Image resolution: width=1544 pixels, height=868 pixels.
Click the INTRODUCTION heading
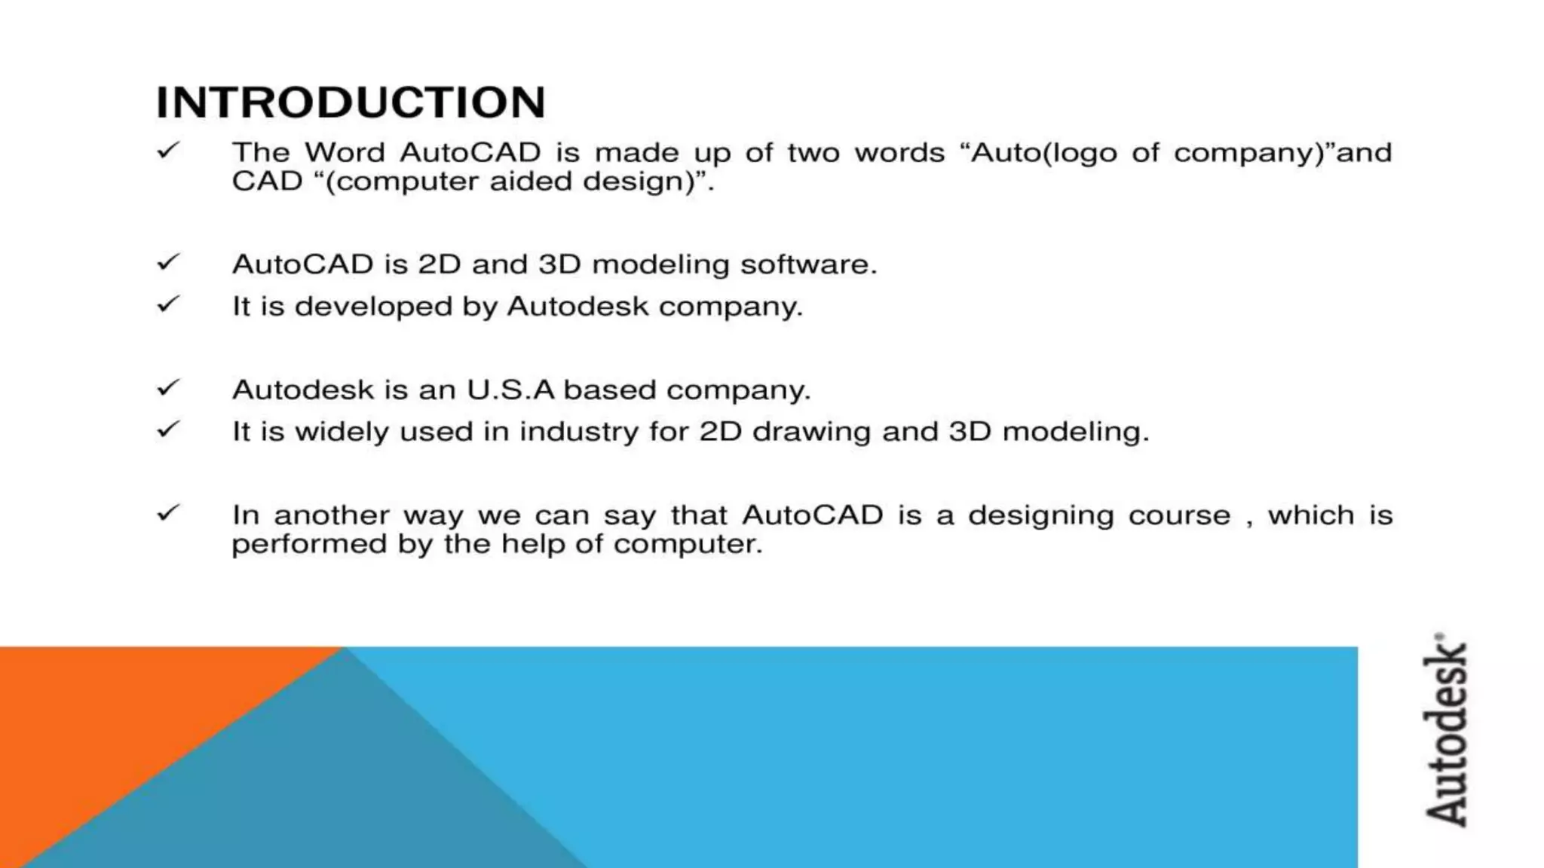click(351, 102)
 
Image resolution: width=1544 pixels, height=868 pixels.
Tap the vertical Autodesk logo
click(1446, 731)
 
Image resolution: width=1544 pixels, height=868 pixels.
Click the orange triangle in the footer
click(113, 723)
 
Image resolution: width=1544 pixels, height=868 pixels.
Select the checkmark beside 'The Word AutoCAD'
click(168, 151)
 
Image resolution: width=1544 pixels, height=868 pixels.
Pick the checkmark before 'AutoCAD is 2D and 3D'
click(168, 262)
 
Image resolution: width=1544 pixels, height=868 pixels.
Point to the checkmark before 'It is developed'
click(168, 304)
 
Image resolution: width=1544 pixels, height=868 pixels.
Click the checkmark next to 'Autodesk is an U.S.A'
click(168, 388)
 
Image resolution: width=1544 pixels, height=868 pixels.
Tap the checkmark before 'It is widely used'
click(168, 429)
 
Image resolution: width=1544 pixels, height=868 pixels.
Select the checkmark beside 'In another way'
click(168, 513)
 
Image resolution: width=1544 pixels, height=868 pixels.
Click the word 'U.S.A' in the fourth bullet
click(510, 390)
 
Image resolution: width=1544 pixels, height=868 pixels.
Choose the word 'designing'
click(1040, 516)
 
